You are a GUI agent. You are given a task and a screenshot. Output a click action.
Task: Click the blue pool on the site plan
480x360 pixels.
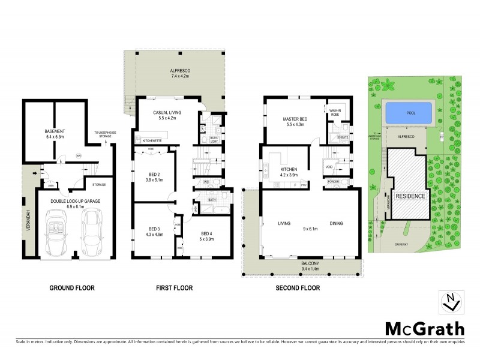(x=408, y=113)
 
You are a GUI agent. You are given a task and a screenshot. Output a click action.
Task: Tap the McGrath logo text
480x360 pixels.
(x=424, y=328)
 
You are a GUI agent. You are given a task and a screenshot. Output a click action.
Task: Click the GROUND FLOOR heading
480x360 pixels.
(x=71, y=288)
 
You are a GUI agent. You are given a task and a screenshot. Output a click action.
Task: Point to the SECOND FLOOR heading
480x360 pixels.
(x=298, y=288)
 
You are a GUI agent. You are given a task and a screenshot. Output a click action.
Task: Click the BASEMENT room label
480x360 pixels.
(x=55, y=131)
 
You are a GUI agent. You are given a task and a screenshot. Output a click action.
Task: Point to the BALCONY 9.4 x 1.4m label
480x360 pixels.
(x=301, y=265)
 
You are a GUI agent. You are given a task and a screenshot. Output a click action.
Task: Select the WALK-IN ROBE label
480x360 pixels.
(x=334, y=112)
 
